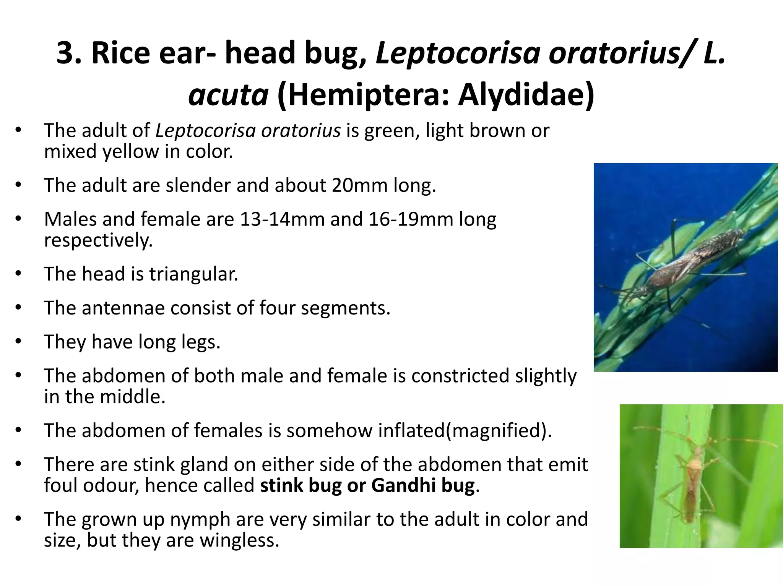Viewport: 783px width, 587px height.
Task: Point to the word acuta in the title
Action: [228, 96]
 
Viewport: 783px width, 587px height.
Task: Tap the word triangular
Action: [193, 274]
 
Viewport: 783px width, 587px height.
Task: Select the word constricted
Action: [460, 376]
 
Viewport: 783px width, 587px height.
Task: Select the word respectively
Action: [98, 241]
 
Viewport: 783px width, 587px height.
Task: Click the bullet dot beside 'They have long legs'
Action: [18, 341]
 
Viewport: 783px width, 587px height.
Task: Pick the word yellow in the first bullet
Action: [130, 152]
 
